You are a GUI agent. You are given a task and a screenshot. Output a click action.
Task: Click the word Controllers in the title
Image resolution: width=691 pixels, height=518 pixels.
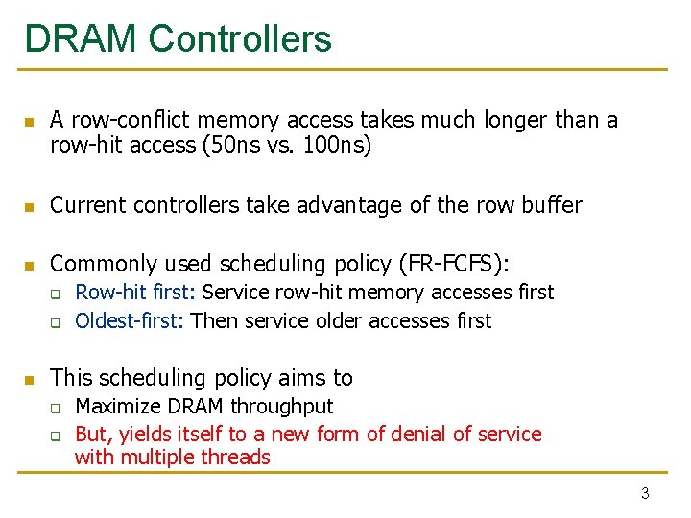pyautogui.click(x=240, y=39)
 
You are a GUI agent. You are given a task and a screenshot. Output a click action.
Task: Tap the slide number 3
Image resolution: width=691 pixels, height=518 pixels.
pyautogui.click(x=645, y=494)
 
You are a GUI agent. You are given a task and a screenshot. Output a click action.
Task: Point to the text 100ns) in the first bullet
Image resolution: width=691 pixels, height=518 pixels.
pyautogui.click(x=336, y=145)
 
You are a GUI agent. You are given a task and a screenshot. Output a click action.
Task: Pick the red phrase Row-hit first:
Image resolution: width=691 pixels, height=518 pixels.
pyautogui.click(x=136, y=292)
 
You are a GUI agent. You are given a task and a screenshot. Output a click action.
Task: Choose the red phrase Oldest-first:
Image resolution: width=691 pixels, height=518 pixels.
pyautogui.click(x=131, y=320)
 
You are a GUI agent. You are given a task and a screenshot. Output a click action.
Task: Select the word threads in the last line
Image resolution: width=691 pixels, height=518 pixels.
pyautogui.click(x=237, y=458)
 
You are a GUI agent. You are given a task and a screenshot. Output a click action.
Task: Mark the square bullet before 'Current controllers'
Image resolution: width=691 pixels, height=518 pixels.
pyautogui.click(x=30, y=207)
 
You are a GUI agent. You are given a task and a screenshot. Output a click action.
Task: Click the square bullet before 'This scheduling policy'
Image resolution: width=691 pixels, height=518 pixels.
pyautogui.click(x=30, y=380)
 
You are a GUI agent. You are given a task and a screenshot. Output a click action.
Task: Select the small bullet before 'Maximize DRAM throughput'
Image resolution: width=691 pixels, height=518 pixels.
pyautogui.click(x=56, y=409)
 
